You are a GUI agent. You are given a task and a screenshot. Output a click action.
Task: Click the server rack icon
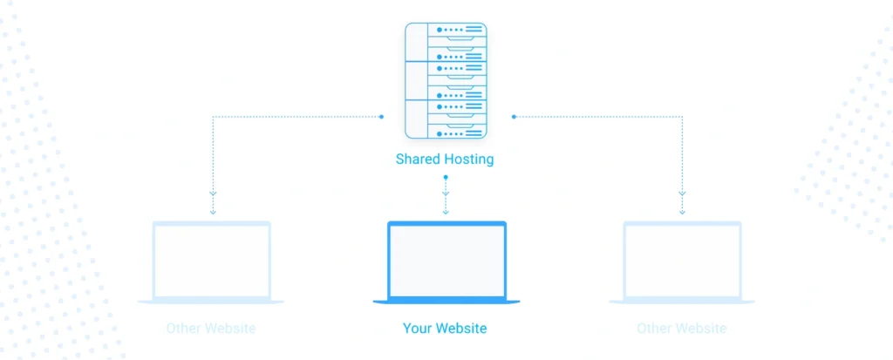click(446, 80)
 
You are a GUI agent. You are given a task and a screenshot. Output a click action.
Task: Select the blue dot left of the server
click(381, 116)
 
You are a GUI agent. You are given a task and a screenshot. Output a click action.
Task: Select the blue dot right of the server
click(514, 116)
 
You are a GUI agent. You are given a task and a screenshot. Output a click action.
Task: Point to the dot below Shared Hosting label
click(446, 178)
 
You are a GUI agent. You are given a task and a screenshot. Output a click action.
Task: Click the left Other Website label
click(211, 329)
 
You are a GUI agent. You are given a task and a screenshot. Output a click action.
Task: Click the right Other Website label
click(681, 329)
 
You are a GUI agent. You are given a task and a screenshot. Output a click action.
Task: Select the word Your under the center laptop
click(416, 329)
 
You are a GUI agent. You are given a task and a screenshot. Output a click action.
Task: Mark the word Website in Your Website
click(460, 329)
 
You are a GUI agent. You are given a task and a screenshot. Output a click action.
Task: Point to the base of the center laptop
click(446, 302)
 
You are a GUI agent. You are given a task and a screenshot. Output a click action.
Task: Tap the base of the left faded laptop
click(211, 302)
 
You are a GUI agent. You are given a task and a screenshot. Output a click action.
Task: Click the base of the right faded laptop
click(682, 302)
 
